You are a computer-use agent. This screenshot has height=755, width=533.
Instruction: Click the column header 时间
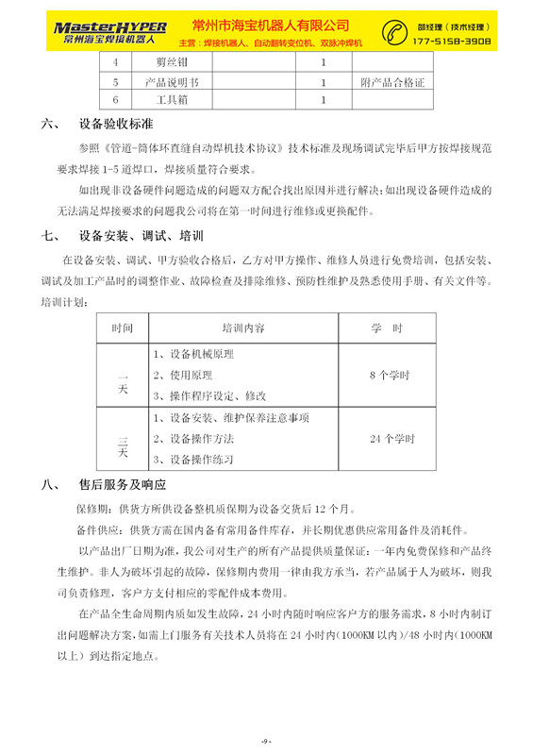point(122,327)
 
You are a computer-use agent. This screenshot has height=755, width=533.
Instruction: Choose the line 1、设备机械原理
point(192,355)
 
